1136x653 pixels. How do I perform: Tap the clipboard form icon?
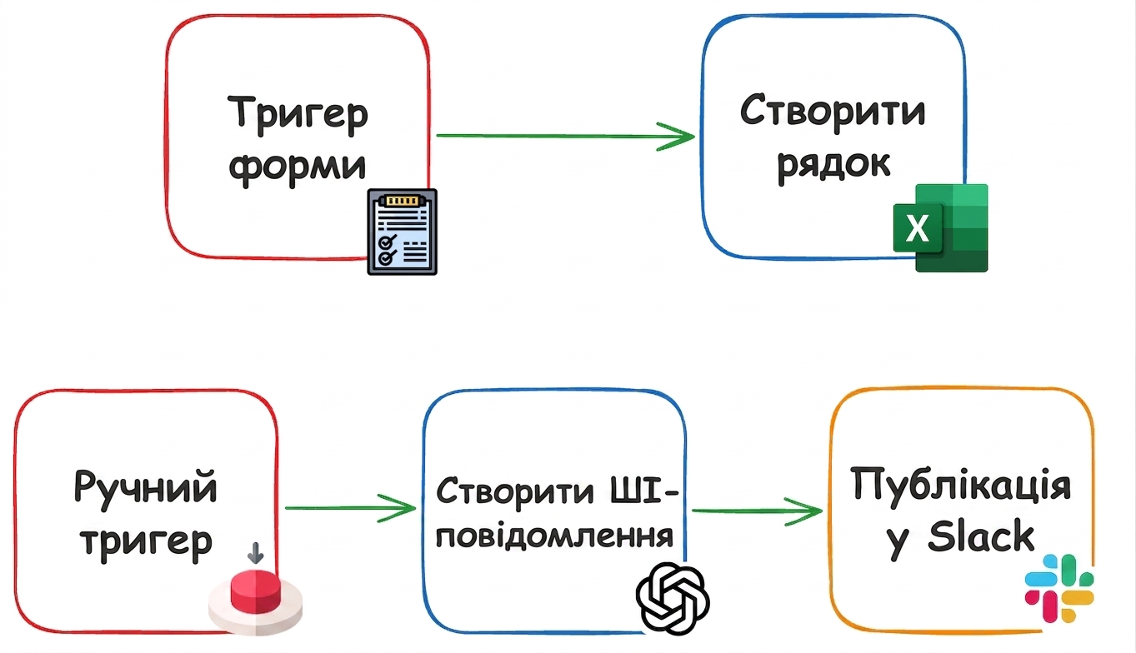[x=403, y=232]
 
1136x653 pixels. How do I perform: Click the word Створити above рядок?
[x=833, y=109]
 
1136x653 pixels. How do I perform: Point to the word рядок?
[x=833, y=164]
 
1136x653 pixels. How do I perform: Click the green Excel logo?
[x=941, y=227]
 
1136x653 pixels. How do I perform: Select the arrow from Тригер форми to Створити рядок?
[x=565, y=136]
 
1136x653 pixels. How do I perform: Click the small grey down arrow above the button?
[x=256, y=553]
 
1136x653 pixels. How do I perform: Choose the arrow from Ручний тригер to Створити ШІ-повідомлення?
[x=350, y=508]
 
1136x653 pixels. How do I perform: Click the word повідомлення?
[x=555, y=537]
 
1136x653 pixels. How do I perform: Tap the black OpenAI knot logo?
[x=673, y=598]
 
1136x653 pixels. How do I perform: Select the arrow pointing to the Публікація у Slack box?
[x=757, y=511]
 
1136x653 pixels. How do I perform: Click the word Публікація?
[x=960, y=485]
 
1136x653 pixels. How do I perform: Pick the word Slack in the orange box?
[x=981, y=537]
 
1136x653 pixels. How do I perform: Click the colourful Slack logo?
[x=1059, y=589]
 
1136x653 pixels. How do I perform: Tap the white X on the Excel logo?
[x=917, y=228]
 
